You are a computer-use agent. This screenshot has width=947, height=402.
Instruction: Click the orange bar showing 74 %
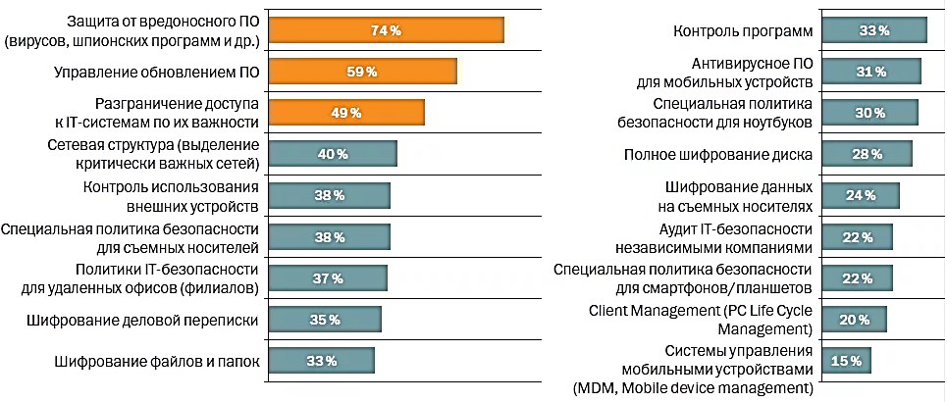[386, 30]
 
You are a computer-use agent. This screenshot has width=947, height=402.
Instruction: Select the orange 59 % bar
[362, 72]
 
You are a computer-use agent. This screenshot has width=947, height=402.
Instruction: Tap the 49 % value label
[345, 113]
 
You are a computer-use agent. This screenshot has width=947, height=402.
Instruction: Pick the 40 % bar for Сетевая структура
[332, 154]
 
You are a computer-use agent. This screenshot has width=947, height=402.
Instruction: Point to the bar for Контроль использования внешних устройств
[329, 195]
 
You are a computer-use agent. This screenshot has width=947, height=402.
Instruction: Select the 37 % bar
[327, 278]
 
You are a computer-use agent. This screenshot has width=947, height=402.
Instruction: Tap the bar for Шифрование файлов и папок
[321, 361]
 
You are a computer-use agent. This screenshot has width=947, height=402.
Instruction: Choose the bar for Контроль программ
[873, 30]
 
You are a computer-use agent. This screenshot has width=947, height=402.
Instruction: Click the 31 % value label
[870, 72]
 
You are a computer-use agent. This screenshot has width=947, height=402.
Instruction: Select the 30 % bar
[869, 113]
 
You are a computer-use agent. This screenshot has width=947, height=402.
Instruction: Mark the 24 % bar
[860, 195]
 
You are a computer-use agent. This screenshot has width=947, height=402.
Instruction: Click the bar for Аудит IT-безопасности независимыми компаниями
[857, 236]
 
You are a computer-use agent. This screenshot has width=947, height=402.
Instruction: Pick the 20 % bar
[854, 320]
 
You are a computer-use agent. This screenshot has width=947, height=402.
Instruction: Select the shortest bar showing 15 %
[846, 361]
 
